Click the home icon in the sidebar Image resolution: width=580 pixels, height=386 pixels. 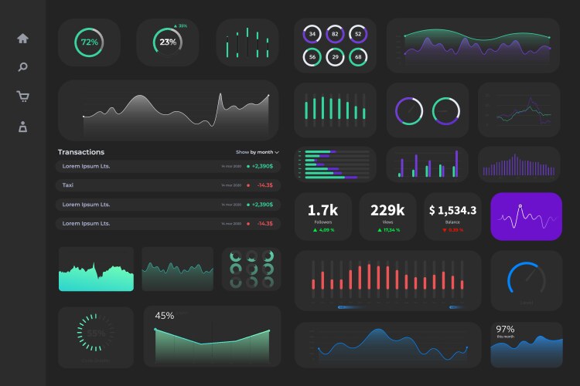(23, 39)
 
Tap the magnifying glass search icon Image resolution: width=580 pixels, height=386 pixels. (23, 67)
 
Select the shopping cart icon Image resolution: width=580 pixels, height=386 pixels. (23, 96)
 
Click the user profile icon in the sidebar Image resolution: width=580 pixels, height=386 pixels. (23, 127)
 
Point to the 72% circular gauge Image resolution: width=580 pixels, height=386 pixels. (89, 42)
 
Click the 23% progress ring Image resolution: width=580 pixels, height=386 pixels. (168, 42)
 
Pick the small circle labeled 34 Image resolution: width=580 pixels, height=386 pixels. (312, 34)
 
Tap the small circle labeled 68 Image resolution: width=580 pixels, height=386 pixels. (357, 56)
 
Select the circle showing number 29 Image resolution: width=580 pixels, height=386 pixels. (335, 56)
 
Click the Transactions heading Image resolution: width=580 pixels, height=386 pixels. (81, 152)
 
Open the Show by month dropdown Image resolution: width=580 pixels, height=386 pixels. (258, 152)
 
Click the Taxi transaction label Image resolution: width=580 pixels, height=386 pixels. (68, 185)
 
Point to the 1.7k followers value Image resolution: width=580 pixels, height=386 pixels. (322, 210)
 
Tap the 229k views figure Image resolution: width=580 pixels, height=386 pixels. (387, 210)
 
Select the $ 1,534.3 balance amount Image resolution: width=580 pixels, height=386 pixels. (452, 210)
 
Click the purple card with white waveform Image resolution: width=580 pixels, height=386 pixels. (526, 216)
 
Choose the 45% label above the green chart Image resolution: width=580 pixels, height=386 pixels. (165, 316)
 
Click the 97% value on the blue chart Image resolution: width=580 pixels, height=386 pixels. (505, 329)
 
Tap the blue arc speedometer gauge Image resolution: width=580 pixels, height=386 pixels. (526, 281)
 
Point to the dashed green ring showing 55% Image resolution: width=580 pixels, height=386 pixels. (96, 333)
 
